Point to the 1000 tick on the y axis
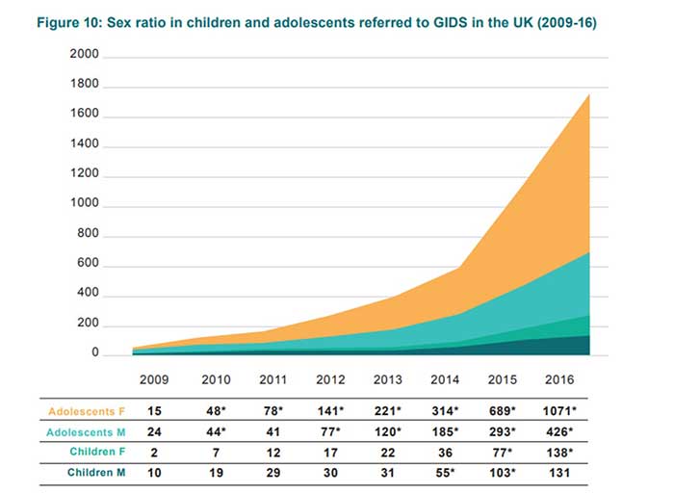click(x=84, y=206)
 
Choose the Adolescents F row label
click(x=87, y=411)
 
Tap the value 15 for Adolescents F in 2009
click(x=155, y=411)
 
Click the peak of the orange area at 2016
click(x=588, y=95)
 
